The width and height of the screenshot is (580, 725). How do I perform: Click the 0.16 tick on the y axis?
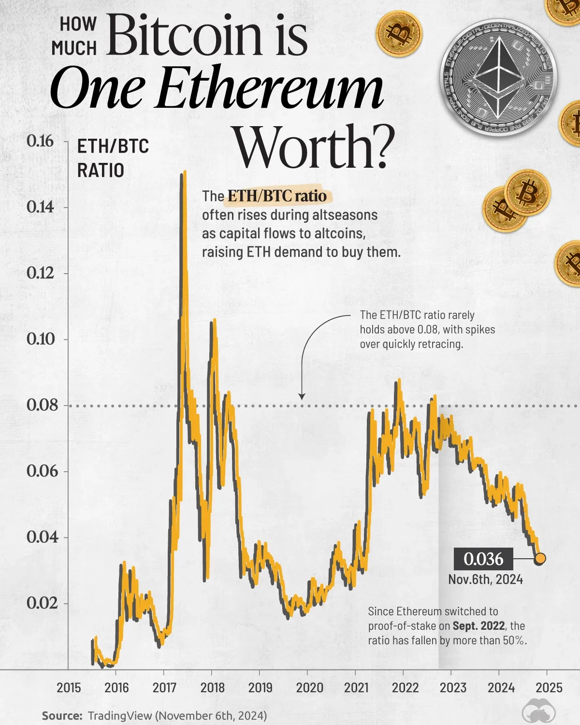pos(40,141)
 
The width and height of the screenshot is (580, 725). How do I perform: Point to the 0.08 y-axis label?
pos(42,405)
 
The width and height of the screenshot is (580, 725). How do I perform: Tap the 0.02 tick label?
pos(42,603)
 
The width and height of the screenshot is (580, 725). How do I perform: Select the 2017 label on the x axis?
pos(164,687)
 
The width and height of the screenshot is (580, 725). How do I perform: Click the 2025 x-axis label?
pos(549,687)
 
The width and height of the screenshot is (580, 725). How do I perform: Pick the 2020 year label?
pos(309,687)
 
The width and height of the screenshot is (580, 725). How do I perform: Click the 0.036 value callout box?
pos(483,559)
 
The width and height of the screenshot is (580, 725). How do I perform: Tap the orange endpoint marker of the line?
pos(540,559)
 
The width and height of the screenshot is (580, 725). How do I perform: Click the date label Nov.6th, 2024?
pos(485,579)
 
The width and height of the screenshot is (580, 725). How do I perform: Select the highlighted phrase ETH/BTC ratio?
pos(277,196)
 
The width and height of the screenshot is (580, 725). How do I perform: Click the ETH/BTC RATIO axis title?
pos(113,158)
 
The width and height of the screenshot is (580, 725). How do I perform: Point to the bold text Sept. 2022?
pos(478,625)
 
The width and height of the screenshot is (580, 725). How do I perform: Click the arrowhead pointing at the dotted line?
pos(302,396)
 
